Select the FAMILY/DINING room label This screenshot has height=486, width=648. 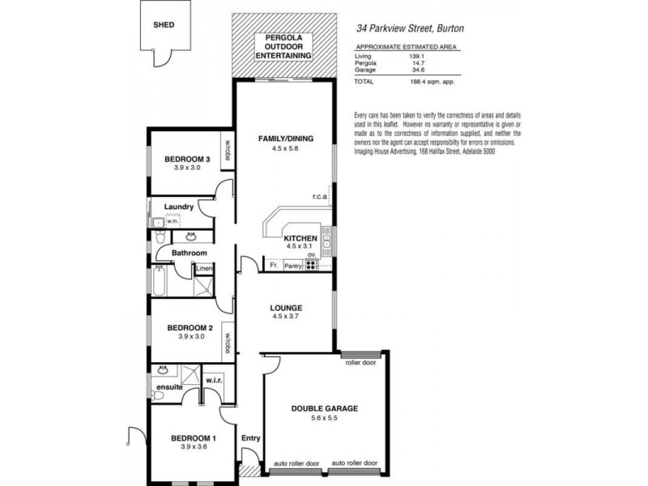pyautogui.click(x=284, y=139)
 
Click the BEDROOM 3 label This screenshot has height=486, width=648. pyautogui.click(x=187, y=160)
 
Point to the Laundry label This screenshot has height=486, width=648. pyautogui.click(x=178, y=207)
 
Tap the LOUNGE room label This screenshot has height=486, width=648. pyautogui.click(x=287, y=308)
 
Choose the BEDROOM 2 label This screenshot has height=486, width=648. pyautogui.click(x=190, y=328)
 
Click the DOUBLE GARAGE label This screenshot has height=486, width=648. pyautogui.click(x=324, y=409)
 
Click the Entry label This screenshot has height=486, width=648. pyautogui.click(x=251, y=438)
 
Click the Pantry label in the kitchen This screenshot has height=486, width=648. pyautogui.click(x=292, y=265)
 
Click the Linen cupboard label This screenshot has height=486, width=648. pyautogui.click(x=204, y=268)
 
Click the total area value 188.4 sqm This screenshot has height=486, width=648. pyautogui.click(x=433, y=82)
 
